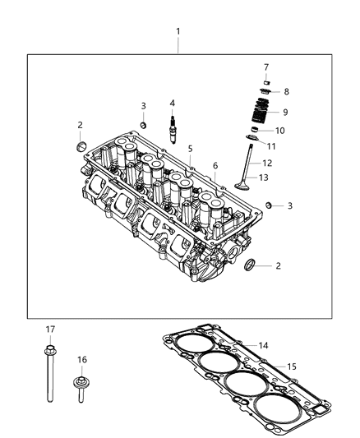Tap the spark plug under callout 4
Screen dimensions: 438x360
tap(172, 130)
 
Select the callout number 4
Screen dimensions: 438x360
tap(172, 103)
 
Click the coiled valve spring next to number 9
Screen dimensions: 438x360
tap(261, 112)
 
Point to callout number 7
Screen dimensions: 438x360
tap(265, 67)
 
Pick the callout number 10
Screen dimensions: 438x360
tap(280, 131)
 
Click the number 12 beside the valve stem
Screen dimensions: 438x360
tap(267, 163)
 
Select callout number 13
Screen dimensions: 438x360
tap(265, 177)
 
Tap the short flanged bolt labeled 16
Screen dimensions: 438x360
tap(82, 387)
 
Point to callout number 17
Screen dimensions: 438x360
tap(49, 330)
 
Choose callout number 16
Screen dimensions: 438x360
tap(82, 359)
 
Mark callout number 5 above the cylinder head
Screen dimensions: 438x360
tap(189, 149)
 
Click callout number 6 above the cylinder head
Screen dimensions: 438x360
tap(216, 165)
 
